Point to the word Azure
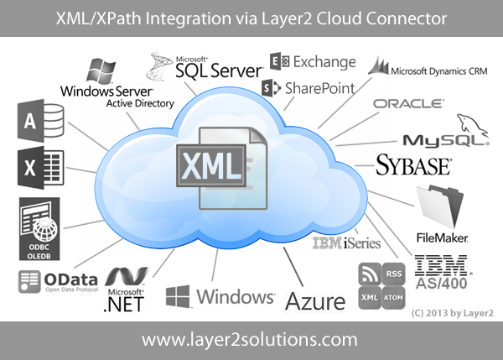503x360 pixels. (315, 300)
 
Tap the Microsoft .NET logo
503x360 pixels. (125, 290)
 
